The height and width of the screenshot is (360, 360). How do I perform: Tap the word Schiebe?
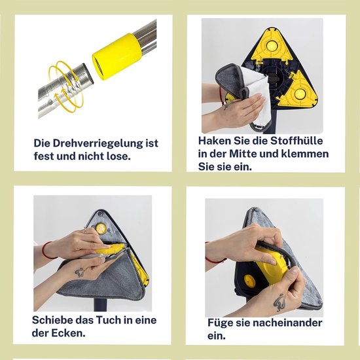54,320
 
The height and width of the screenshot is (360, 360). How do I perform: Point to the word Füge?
221,323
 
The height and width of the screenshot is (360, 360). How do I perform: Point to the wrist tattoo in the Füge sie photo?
279,301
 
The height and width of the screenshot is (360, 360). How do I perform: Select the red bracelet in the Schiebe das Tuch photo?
46,250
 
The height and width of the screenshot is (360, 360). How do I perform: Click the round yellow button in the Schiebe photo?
100,228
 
